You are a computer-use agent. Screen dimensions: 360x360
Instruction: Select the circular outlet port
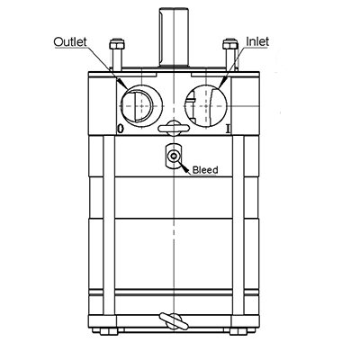point(139,105)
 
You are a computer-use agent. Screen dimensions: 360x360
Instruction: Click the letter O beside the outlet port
point(120,130)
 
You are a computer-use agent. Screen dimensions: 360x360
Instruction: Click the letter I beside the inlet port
point(228,130)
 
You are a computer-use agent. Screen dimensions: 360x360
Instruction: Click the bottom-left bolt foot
point(110,331)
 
